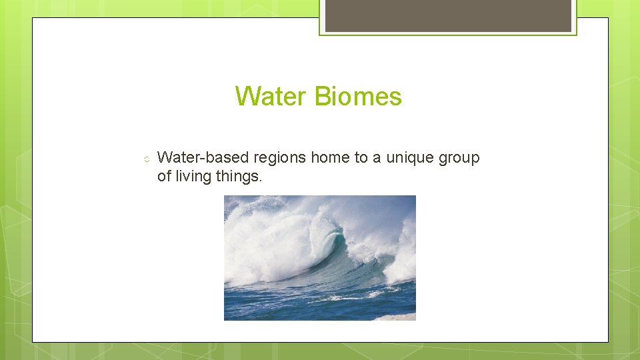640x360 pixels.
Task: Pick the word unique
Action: point(409,159)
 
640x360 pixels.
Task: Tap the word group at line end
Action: point(461,159)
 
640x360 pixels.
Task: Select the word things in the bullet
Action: point(239,177)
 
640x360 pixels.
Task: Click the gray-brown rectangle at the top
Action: point(448,15)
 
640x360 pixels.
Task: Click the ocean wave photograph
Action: point(319,257)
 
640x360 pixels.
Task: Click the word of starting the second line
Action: point(164,177)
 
